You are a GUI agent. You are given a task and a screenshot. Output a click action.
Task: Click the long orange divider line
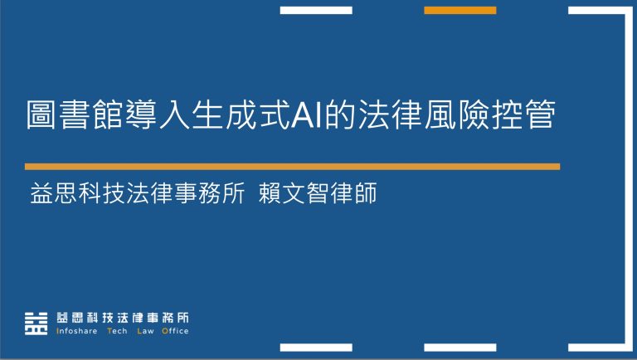(x=292, y=166)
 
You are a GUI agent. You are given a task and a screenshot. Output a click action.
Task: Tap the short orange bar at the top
(x=460, y=10)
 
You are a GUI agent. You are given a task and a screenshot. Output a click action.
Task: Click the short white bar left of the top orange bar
(x=316, y=10)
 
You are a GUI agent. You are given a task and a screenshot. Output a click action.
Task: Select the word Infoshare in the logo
(x=75, y=331)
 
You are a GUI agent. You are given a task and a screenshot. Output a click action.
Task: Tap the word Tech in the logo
(x=117, y=331)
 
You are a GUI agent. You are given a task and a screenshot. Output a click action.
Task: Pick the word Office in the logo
(x=175, y=331)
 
